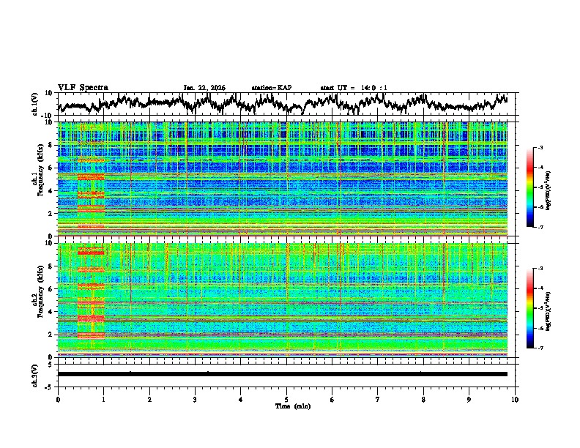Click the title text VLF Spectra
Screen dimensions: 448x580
point(83,88)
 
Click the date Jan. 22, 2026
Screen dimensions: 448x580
point(204,88)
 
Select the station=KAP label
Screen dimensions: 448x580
point(271,88)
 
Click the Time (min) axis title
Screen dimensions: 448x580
point(286,406)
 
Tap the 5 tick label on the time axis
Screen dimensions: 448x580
point(286,399)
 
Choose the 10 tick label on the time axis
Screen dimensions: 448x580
point(515,399)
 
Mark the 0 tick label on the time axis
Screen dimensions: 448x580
point(58,399)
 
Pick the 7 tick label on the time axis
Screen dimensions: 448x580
point(378,399)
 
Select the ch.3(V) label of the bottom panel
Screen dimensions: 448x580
point(34,374)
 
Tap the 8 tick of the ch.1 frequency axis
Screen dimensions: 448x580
point(51,145)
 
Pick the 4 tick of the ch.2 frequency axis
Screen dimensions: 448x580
point(51,312)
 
